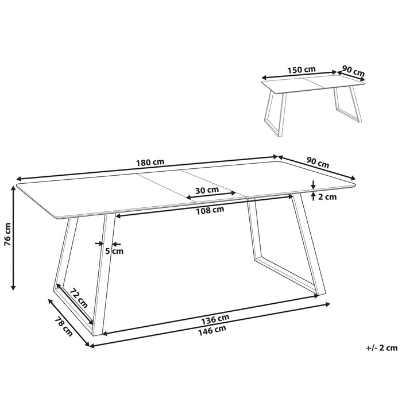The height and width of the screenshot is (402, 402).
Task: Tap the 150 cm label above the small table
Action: point(302,69)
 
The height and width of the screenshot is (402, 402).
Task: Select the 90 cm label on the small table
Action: point(353,71)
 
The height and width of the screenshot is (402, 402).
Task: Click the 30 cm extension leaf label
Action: point(207,190)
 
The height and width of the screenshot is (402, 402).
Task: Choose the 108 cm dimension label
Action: point(210,210)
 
